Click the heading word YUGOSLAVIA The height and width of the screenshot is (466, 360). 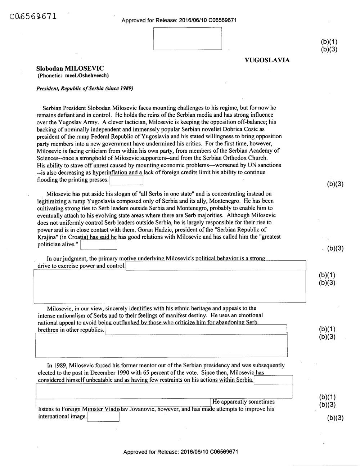tap(267, 60)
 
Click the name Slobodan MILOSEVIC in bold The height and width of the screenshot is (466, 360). tap(70, 68)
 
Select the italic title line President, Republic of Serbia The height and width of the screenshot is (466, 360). tap(85, 88)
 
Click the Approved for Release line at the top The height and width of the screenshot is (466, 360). tap(179, 20)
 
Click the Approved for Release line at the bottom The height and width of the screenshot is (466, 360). tap(180, 452)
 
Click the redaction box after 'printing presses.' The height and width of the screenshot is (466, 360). tap(126, 180)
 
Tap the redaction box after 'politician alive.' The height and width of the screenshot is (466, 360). tap(99, 245)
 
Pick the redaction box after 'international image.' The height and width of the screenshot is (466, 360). tap(103, 417)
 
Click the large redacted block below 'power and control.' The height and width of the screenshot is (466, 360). tap(170, 286)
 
